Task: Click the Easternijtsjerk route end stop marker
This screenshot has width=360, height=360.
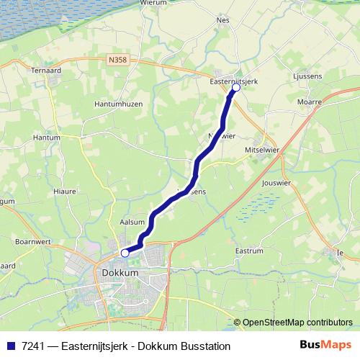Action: [235, 87]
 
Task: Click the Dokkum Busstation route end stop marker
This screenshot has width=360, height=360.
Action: [125, 253]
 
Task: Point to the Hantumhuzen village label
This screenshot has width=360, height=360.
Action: [120, 104]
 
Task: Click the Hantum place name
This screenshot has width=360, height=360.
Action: [47, 136]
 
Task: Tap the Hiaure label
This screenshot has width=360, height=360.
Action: [65, 191]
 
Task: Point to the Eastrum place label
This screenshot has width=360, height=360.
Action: [250, 251]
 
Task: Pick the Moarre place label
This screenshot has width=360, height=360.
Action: [309, 102]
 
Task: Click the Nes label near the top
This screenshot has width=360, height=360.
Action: [222, 20]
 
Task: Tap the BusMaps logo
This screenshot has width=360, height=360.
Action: [325, 346]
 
